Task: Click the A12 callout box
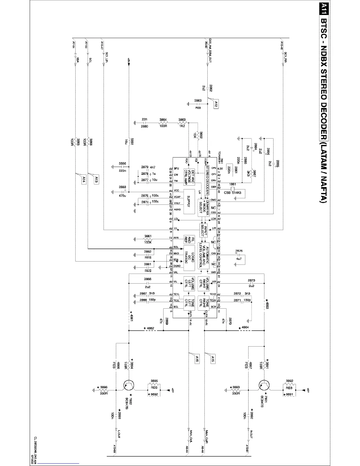tap(216, 104)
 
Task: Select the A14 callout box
tap(84, 180)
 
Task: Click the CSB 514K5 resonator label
tap(232, 193)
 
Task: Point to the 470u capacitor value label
tap(122, 195)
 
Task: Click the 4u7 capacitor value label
tap(239, 259)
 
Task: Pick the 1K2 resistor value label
tap(182, 126)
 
